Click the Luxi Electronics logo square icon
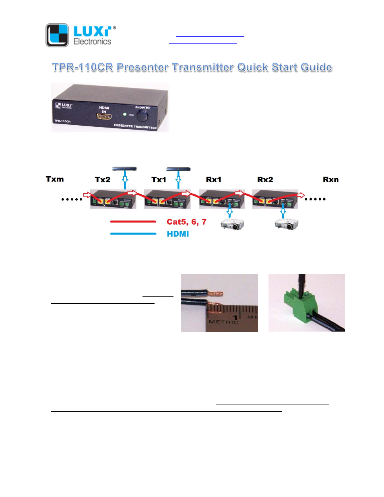57,35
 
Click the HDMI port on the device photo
104,117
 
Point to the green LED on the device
125,115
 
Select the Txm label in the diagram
55,179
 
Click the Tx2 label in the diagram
103,179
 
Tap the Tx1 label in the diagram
159,179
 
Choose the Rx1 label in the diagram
213,179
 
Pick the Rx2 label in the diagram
265,179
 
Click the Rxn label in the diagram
330,179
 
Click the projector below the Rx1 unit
232,224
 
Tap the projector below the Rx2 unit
286,224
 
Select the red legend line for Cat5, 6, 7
133,222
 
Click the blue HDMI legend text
178,234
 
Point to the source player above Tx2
124,169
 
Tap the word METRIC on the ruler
223,322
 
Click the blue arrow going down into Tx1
178,180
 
